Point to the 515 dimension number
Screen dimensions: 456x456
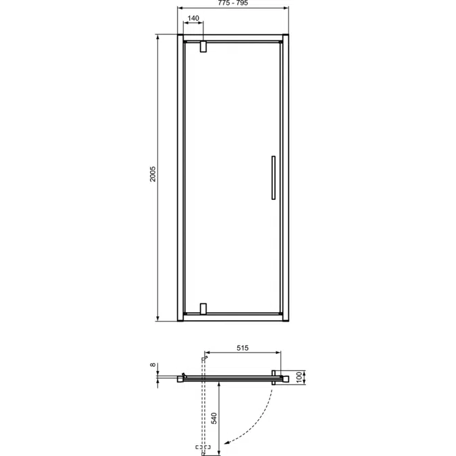pyautogui.click(x=243, y=348)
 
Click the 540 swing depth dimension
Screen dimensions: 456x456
pyautogui.click(x=215, y=418)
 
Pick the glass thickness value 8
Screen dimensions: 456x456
pyautogui.click(x=153, y=365)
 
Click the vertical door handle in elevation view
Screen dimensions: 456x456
pyautogui.click(x=272, y=178)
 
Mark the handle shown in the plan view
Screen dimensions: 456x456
pyautogui.click(x=276, y=375)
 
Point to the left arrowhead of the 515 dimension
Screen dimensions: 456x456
pyautogui.click(x=206, y=353)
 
